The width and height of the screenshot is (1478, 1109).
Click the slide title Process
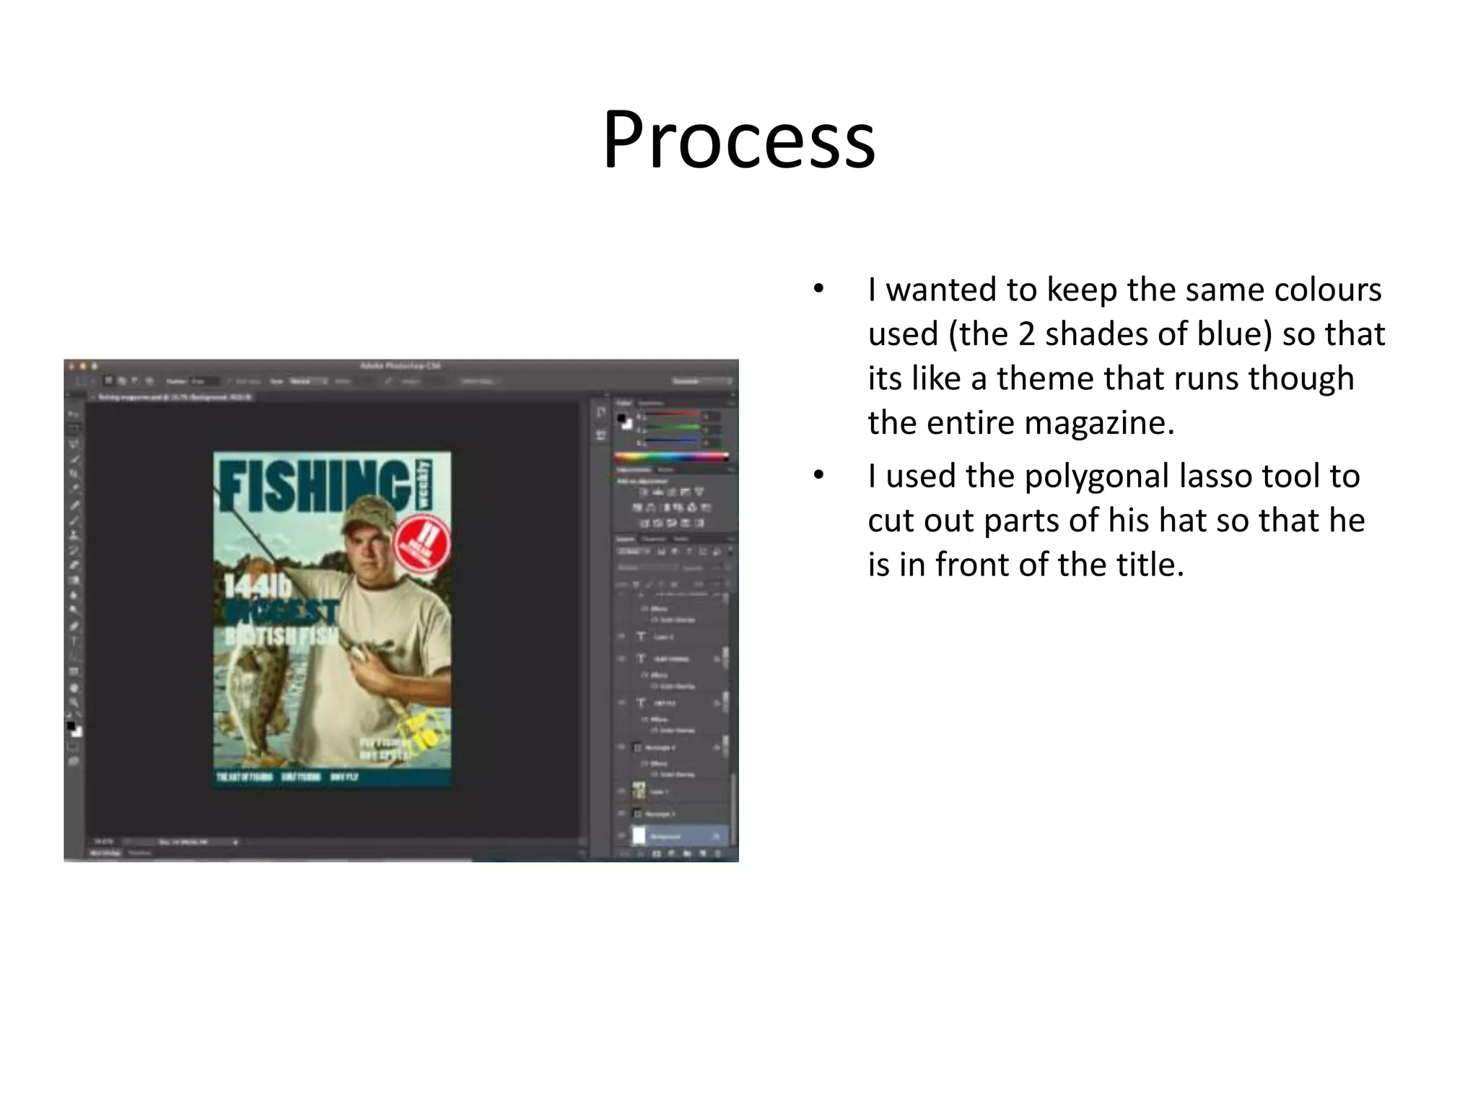739,139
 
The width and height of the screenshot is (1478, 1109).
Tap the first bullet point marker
818,290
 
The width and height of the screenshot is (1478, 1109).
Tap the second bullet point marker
818,476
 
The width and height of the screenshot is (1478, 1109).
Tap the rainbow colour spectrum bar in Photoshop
671,456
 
